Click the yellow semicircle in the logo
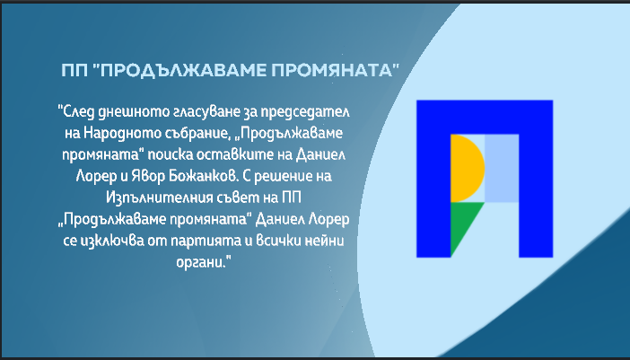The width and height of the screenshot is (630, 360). [x=465, y=169]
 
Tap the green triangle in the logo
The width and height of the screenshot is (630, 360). [x=462, y=221]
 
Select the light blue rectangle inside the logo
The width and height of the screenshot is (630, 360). [x=502, y=169]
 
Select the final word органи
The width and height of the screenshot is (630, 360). [x=204, y=263]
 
